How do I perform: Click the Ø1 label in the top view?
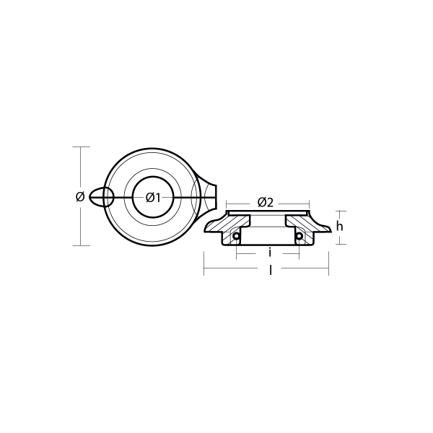(x=153, y=197)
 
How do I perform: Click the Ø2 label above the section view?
(x=266, y=203)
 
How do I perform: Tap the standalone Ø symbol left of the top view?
(x=79, y=196)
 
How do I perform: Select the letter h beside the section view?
(x=338, y=226)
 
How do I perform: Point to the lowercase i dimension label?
(x=269, y=253)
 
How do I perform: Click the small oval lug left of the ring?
(x=102, y=197)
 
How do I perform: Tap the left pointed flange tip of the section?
(x=206, y=230)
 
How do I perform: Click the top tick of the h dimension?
(x=338, y=211)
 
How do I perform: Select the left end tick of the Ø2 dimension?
(x=227, y=203)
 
